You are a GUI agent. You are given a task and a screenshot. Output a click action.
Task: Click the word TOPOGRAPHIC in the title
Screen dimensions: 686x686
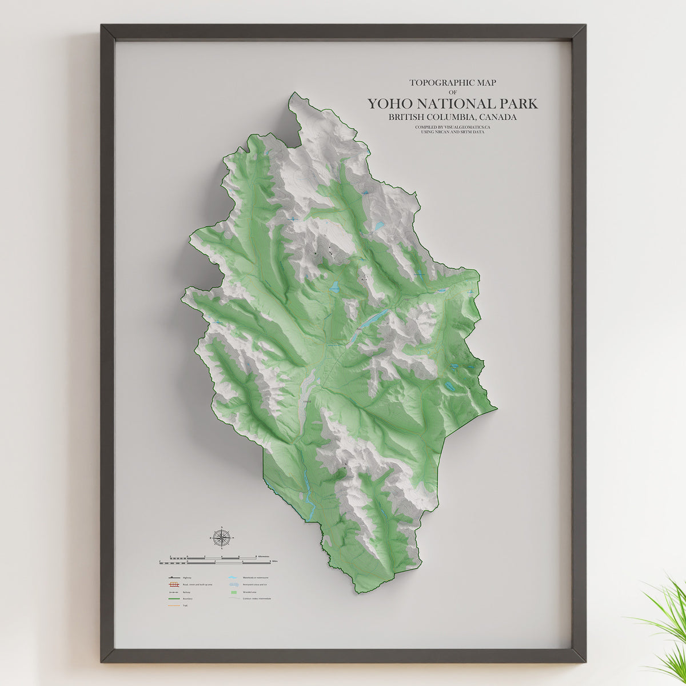point(440,82)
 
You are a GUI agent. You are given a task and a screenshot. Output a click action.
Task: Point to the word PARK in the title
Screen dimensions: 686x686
point(518,104)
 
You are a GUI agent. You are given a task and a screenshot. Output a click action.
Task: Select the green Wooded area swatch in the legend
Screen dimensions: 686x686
point(233,592)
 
